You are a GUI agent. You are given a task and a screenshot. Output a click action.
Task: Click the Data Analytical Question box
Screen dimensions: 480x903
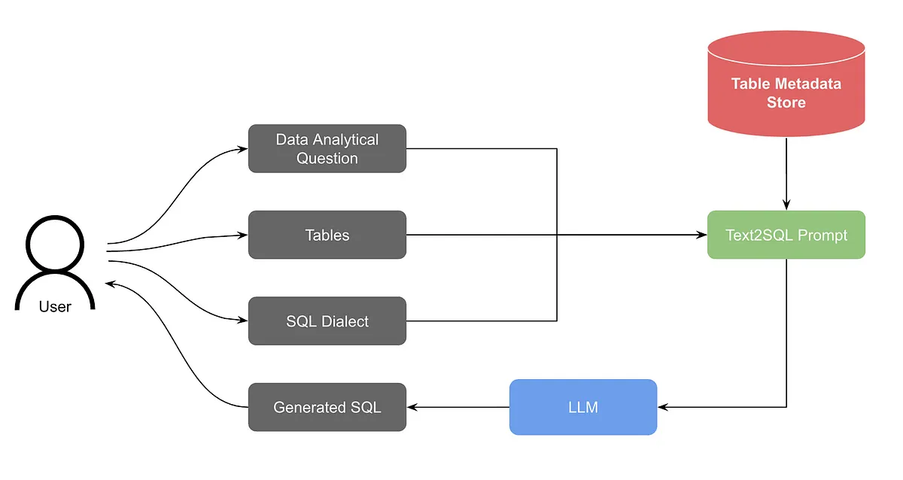(327, 148)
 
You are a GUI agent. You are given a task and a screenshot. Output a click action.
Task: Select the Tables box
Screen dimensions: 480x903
(327, 235)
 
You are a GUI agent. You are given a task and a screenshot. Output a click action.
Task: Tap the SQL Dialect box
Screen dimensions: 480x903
(327, 321)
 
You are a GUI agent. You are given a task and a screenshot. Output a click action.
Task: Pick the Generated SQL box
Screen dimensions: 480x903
(327, 407)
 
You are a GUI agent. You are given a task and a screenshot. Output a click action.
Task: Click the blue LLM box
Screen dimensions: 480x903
(583, 407)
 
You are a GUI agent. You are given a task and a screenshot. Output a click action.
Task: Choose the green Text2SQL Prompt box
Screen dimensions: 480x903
(786, 235)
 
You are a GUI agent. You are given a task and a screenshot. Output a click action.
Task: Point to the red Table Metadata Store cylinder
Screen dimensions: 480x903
(786, 83)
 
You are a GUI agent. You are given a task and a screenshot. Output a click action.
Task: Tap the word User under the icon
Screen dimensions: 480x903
(55, 306)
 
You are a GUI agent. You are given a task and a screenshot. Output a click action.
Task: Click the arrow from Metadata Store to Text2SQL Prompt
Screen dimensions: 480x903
(786, 173)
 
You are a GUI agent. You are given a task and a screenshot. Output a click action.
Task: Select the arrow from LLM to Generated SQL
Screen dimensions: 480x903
(459, 407)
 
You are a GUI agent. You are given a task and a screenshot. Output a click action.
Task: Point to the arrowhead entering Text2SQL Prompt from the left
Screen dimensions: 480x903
(701, 235)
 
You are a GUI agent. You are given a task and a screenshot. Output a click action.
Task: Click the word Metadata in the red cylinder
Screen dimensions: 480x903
(807, 84)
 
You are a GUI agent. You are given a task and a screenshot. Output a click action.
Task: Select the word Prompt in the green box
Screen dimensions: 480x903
(822, 235)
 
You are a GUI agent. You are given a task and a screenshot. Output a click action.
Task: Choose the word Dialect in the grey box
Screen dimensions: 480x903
(345, 321)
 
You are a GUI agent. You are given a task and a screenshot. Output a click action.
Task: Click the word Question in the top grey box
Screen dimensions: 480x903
(327, 158)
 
